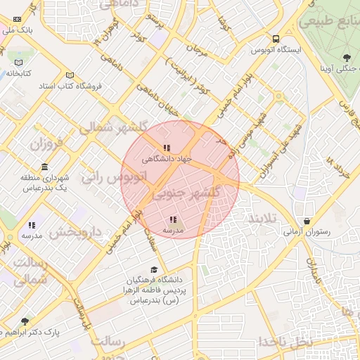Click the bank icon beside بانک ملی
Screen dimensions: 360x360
pos(17,20)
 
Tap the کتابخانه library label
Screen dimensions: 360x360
pos(22,72)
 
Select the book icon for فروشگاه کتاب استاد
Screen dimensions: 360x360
pos(69,75)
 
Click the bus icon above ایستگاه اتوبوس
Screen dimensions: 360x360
pos(276,39)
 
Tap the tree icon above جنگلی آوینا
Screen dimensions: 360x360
pos(346,58)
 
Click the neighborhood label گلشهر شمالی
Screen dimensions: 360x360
pos(113,128)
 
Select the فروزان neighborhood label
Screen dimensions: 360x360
pos(46,144)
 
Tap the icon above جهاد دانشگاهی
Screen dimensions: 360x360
pos(167,148)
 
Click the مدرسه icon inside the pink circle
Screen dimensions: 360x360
pos(173,219)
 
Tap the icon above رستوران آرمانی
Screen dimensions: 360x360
pos(306,221)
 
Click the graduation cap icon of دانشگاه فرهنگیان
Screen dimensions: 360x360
pos(154,270)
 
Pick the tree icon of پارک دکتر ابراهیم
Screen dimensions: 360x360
pos(25,321)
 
